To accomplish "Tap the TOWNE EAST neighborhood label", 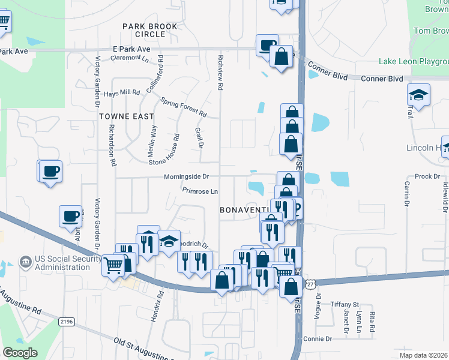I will (x=127, y=116).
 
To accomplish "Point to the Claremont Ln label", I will (x=130, y=58).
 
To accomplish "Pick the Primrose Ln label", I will (x=200, y=191).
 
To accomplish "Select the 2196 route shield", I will (x=67, y=322).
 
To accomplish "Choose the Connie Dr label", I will (x=318, y=339).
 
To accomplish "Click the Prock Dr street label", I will (x=427, y=176).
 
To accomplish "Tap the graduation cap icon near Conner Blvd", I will (x=419, y=94).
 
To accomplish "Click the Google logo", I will (x=20, y=353).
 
